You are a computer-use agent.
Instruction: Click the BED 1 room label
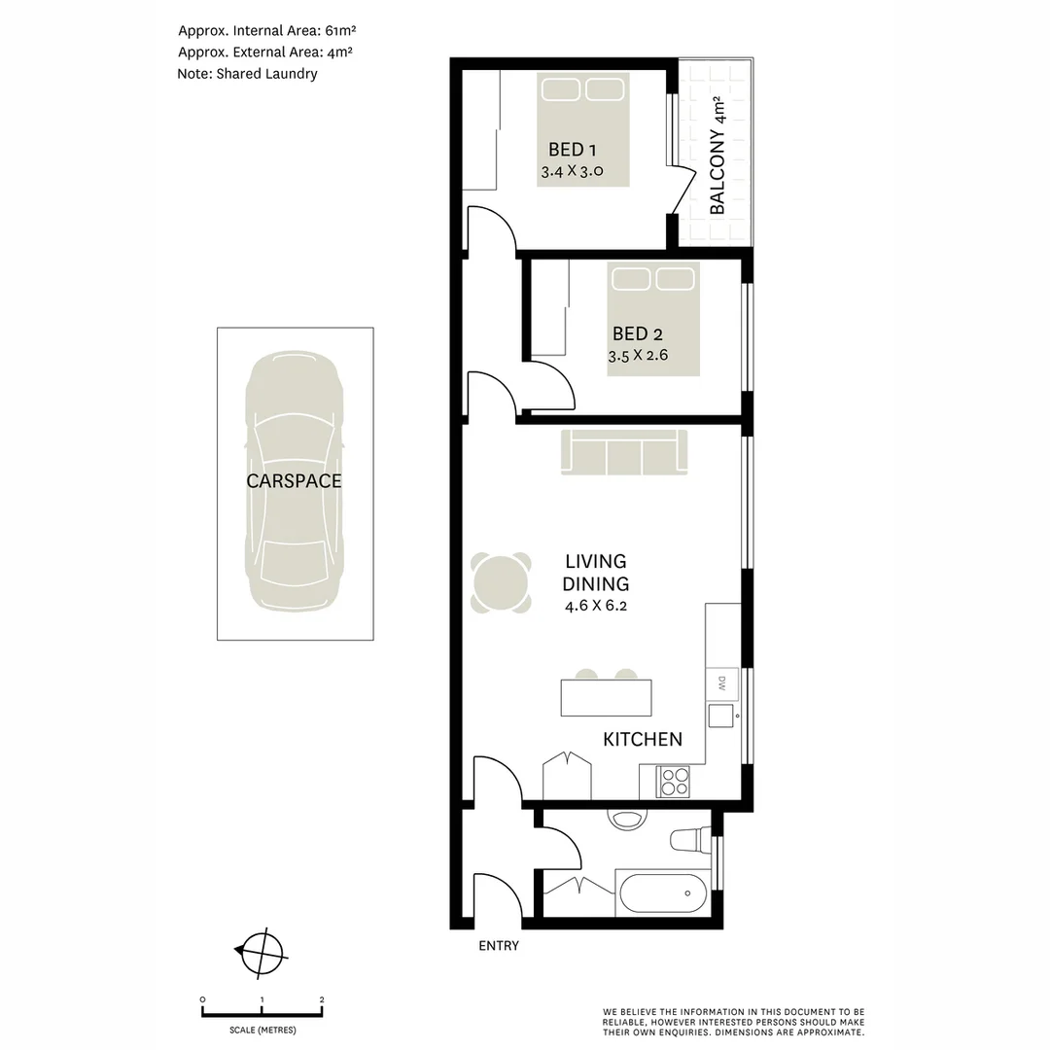click(x=572, y=150)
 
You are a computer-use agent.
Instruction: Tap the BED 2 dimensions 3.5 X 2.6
click(x=637, y=355)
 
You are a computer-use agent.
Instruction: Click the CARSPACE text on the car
click(x=294, y=480)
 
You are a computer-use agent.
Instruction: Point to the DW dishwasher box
click(x=722, y=682)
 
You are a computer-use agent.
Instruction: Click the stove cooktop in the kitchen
click(x=674, y=782)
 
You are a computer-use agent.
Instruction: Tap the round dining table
click(x=502, y=583)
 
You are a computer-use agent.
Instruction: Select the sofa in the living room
click(x=623, y=452)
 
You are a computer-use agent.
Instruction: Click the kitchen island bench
click(x=606, y=697)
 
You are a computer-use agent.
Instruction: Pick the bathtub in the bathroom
click(x=663, y=890)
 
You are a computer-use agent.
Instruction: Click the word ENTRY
click(x=499, y=946)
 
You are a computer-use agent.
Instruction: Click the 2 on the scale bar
click(x=322, y=999)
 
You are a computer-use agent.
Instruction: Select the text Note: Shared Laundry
click(x=247, y=73)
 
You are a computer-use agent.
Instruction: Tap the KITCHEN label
click(x=643, y=740)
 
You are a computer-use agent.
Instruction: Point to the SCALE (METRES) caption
click(x=262, y=1030)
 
